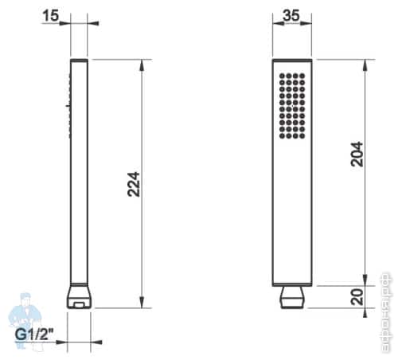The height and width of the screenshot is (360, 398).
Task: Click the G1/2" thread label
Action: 35,333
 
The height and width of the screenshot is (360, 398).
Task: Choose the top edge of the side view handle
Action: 79,60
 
